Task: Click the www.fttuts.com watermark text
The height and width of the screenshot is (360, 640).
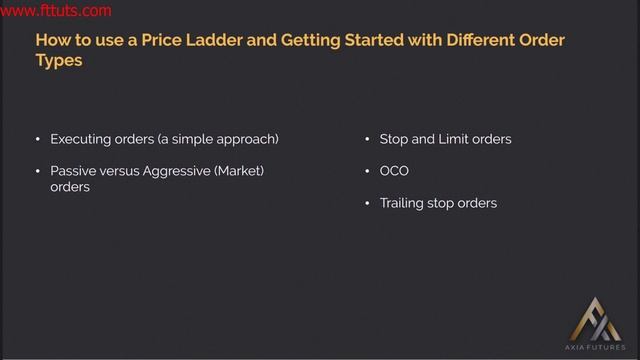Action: tap(56, 12)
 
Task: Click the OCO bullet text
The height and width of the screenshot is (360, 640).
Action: tap(394, 171)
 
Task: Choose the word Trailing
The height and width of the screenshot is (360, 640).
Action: tap(403, 203)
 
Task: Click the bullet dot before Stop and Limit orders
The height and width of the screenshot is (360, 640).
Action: tap(368, 139)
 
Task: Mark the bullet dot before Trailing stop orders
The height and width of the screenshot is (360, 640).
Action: tap(368, 203)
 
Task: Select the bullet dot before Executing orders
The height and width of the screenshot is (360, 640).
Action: tap(38, 139)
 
